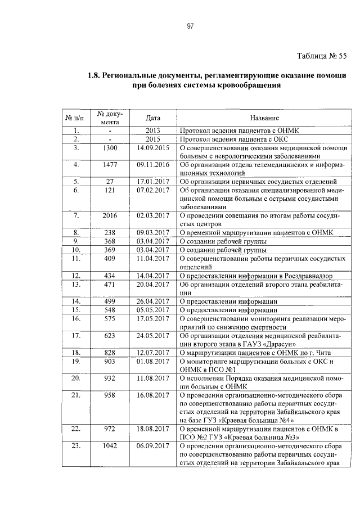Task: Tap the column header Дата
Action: [153, 118]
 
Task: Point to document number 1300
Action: [111, 148]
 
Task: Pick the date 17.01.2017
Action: [153, 182]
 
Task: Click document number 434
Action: [111, 276]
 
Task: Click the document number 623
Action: [111, 336]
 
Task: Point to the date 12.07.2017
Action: [153, 352]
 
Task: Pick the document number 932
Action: [111, 379]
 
